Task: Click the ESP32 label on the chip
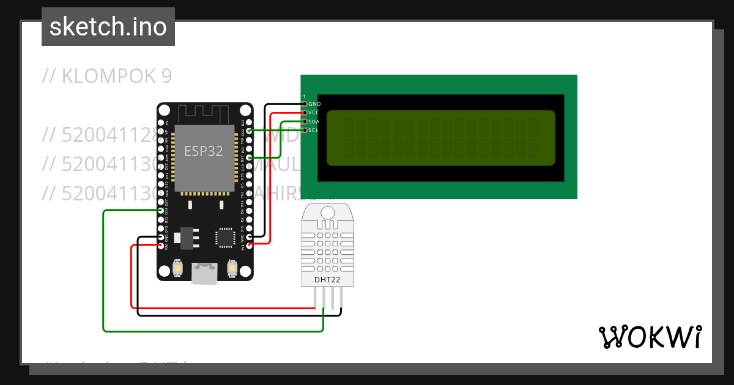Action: pyautogui.click(x=204, y=152)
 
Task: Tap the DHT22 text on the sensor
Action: pyautogui.click(x=328, y=279)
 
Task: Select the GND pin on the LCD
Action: pyautogui.click(x=305, y=104)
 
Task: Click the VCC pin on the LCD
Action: pyautogui.click(x=305, y=112)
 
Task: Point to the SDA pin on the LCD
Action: pyautogui.click(x=305, y=121)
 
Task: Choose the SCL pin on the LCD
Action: pyautogui.click(x=305, y=130)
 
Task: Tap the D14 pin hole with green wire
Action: pyautogui.click(x=161, y=210)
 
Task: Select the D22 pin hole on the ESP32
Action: pyautogui.click(x=249, y=131)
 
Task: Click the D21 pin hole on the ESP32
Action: pyautogui.click(x=249, y=157)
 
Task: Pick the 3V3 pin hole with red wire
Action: pyautogui.click(x=249, y=245)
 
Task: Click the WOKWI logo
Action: pyautogui.click(x=650, y=337)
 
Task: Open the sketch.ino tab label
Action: pyautogui.click(x=108, y=27)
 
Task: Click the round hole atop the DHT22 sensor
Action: pyautogui.click(x=328, y=213)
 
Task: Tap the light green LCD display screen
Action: pyautogui.click(x=440, y=137)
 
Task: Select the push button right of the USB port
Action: pyautogui.click(x=232, y=268)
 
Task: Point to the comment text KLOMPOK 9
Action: pyautogui.click(x=107, y=76)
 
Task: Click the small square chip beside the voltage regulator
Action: pyautogui.click(x=224, y=237)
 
